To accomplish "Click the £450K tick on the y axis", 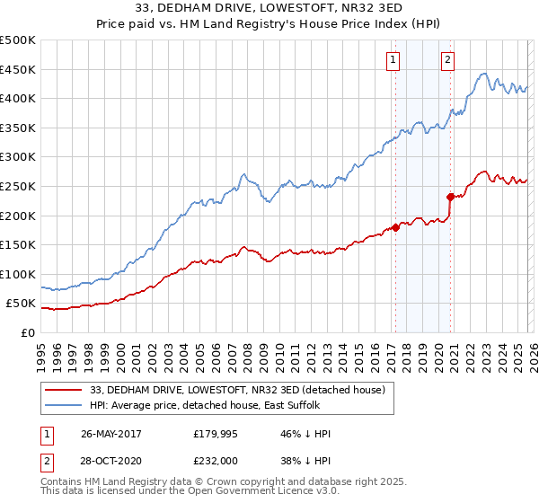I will pos(18,69).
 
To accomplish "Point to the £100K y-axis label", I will pos(18,274).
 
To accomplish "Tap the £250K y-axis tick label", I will pos(18,186).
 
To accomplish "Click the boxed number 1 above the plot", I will pos(393,60).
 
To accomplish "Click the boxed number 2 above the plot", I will pos(447,60).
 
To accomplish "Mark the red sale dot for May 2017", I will pos(396,227).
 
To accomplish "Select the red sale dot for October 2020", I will pos(451,197).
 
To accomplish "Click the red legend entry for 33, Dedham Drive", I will pos(237,390).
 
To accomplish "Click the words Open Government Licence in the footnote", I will pos(243,493).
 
